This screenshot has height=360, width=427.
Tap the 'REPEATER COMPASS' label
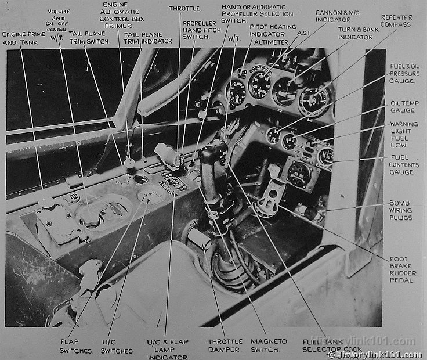point(396,21)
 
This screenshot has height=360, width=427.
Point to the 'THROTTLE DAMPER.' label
point(224,346)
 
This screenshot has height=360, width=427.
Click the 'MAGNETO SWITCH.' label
point(266,346)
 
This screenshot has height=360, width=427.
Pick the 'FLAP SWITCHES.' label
point(76,346)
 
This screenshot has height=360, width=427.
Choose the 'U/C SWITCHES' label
point(117,346)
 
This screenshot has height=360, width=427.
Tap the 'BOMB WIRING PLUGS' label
point(401,210)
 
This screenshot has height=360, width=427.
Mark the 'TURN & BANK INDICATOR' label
point(356,33)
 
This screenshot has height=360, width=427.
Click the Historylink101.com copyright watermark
point(375,355)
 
